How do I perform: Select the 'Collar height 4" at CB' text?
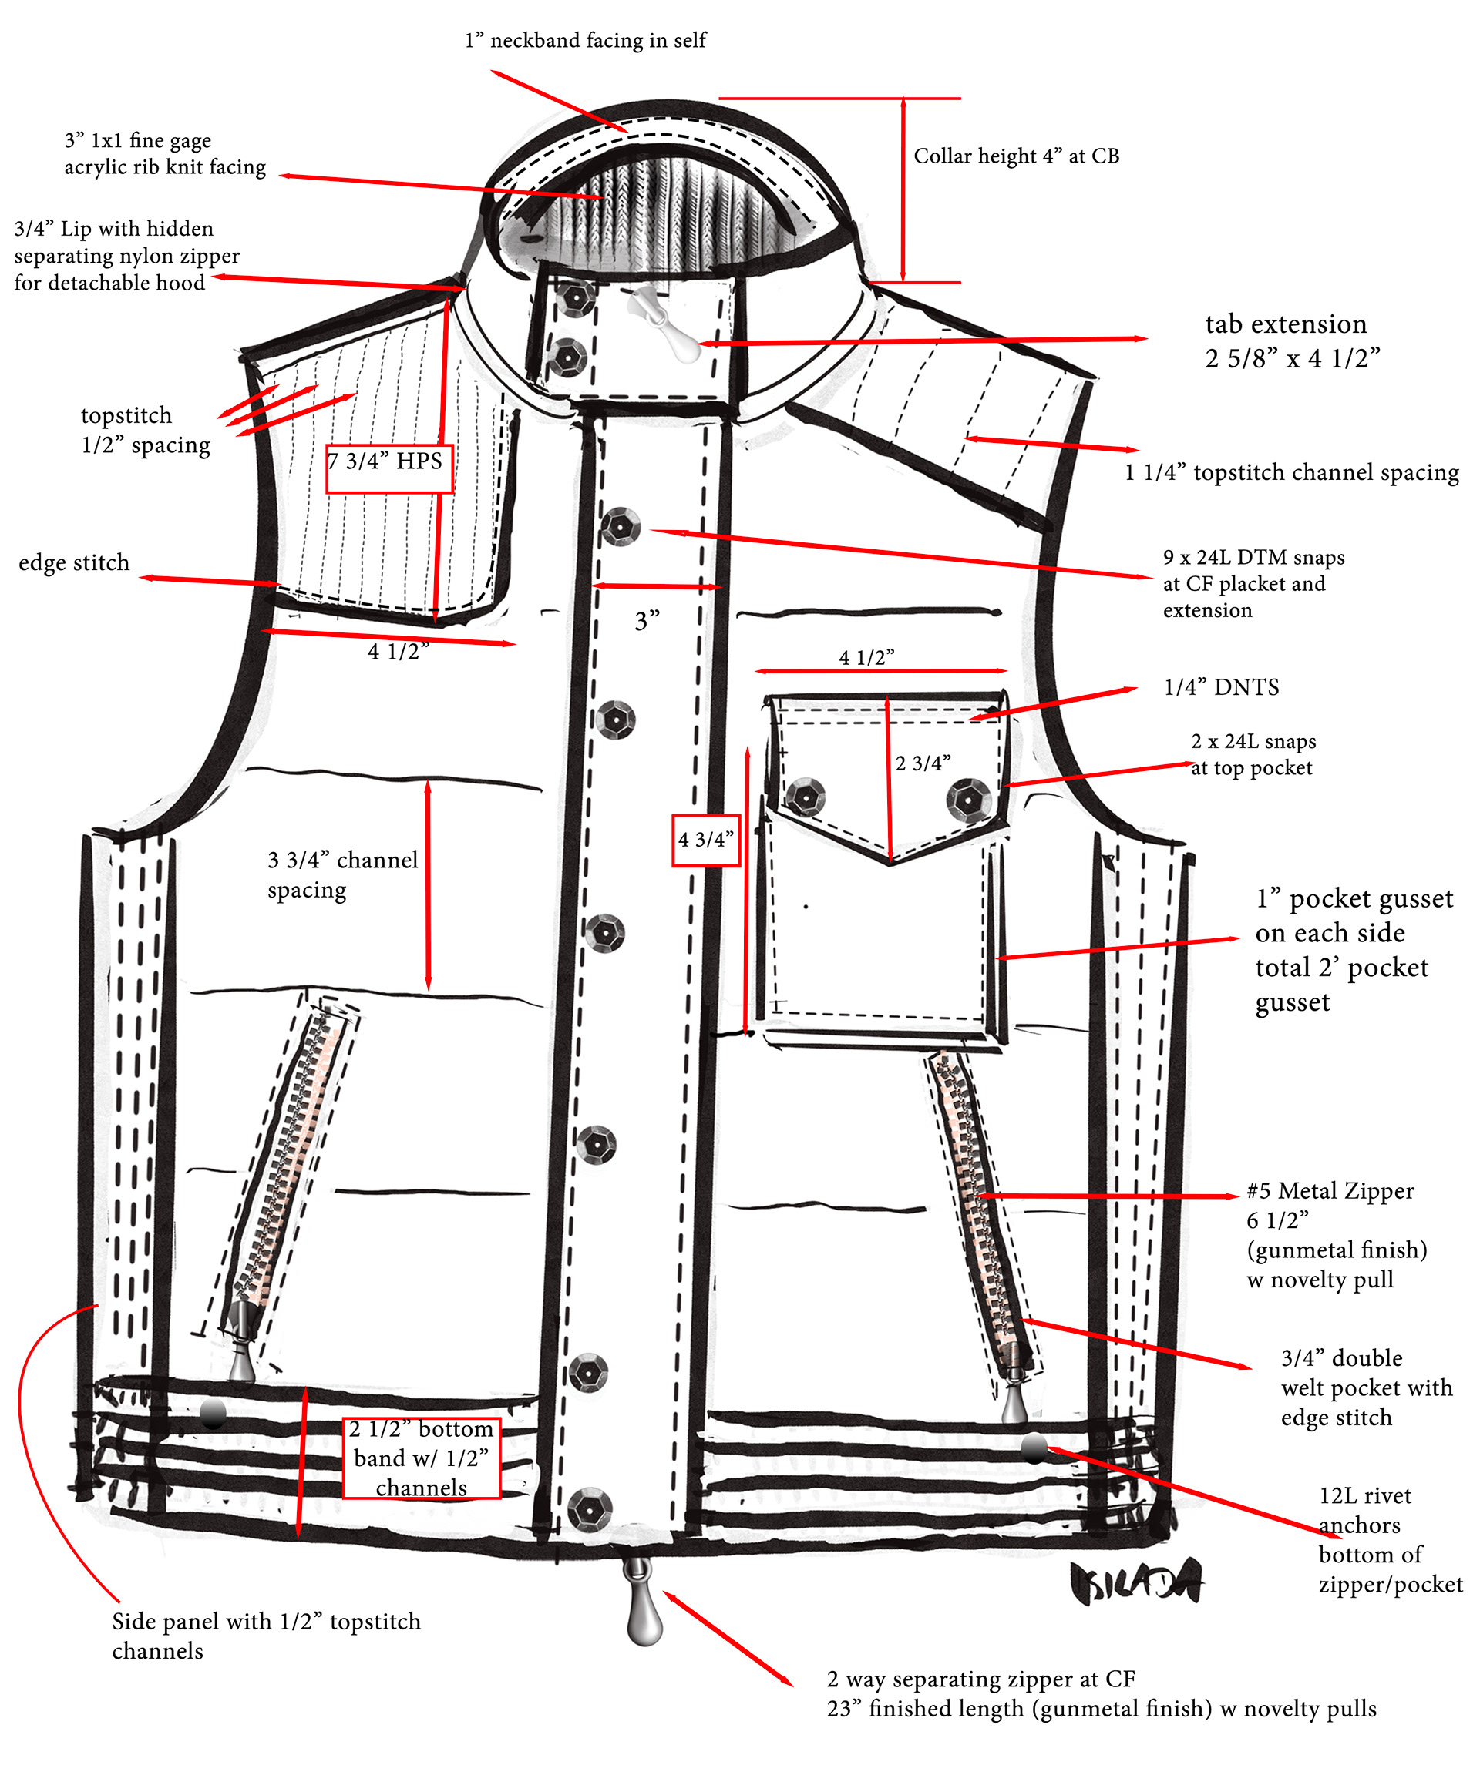(x=1016, y=156)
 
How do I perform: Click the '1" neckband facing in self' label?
(x=585, y=41)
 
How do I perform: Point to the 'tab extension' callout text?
(x=1286, y=324)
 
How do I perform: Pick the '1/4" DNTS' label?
(x=1221, y=687)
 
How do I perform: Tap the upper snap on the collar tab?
(x=577, y=297)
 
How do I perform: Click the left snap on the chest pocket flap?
(x=804, y=797)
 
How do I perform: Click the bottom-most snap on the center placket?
(x=590, y=1508)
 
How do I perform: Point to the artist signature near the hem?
(x=1135, y=1582)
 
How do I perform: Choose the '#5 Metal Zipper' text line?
(x=1330, y=1191)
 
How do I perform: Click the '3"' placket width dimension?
(x=647, y=621)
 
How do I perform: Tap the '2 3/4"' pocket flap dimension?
(x=923, y=763)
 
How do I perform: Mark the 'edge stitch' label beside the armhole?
(x=75, y=563)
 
